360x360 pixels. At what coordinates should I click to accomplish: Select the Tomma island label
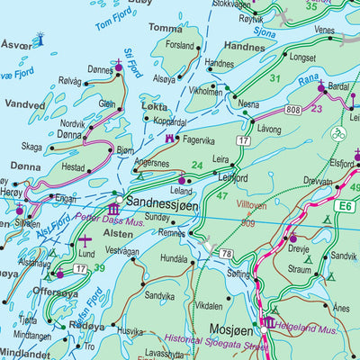(165, 28)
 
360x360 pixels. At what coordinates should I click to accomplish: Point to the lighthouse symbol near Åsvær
(39, 39)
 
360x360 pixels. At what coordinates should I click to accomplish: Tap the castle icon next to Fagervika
(169, 139)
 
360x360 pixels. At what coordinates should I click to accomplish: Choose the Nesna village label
(248, 103)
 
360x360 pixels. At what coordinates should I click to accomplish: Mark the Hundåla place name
(172, 257)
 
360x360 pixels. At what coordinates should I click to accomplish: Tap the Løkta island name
(154, 105)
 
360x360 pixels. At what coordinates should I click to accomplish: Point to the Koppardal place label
(170, 121)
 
